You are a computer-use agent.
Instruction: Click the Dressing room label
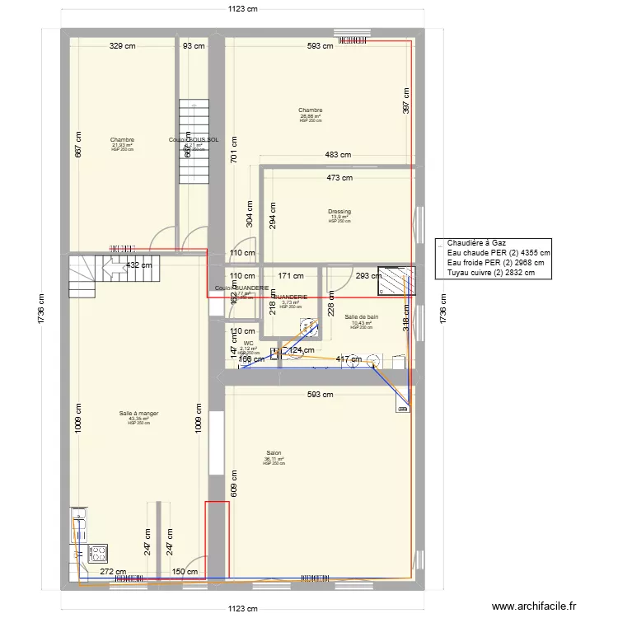coord(339,212)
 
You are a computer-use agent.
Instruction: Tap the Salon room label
coord(274,452)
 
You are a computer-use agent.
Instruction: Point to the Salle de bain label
coord(362,317)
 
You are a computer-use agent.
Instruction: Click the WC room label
coord(248,343)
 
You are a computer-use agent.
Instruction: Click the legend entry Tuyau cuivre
coord(491,273)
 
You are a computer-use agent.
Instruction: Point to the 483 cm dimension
coord(337,155)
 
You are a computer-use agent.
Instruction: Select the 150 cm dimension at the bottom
coord(186,571)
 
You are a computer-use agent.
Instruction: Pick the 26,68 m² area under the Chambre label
coord(311,116)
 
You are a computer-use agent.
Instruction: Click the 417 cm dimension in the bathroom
coord(349,359)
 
